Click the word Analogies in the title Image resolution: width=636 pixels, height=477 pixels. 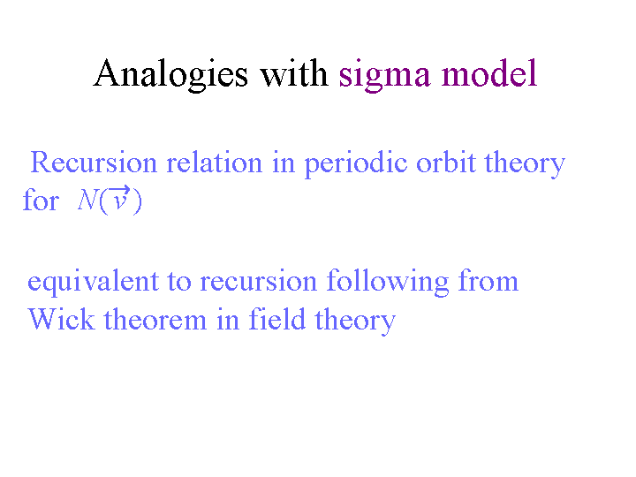(170, 74)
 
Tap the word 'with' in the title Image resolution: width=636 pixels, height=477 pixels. (294, 72)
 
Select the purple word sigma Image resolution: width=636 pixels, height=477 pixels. (384, 75)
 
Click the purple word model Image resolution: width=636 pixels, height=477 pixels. (489, 72)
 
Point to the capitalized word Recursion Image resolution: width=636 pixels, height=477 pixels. (94, 163)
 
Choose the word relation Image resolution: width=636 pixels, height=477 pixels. (215, 163)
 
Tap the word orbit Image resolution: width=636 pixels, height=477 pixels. (446, 163)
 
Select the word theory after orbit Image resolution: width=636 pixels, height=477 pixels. (525, 164)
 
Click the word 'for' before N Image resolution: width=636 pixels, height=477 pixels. (41, 200)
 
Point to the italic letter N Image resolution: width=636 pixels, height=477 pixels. (87, 200)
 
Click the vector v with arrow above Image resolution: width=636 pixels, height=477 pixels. (120, 198)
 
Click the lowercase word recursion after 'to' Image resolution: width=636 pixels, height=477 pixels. (258, 281)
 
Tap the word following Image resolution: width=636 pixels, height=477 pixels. (388, 282)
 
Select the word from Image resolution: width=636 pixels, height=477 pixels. (488, 280)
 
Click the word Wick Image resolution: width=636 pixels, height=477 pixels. (61, 319)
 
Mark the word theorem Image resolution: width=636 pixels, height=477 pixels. (155, 319)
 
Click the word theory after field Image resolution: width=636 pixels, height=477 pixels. (355, 321)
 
